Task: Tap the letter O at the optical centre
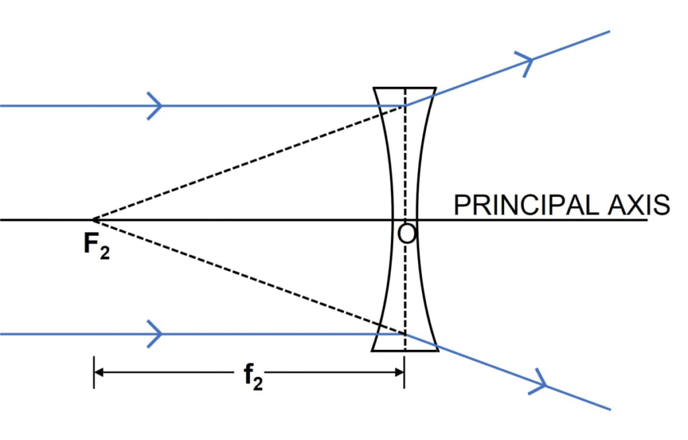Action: coord(406,233)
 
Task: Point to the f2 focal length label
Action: coord(253,378)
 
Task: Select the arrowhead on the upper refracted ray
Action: coord(526,62)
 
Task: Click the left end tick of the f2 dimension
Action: coord(94,371)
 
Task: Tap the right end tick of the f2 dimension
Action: coord(404,371)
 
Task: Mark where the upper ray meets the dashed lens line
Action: coord(404,106)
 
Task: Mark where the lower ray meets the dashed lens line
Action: coord(404,333)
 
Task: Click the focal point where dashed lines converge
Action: coord(93,220)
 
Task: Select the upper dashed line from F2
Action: coord(249,163)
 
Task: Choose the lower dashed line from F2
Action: coord(249,277)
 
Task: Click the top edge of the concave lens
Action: coord(404,87)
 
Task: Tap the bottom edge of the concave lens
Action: coord(404,351)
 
